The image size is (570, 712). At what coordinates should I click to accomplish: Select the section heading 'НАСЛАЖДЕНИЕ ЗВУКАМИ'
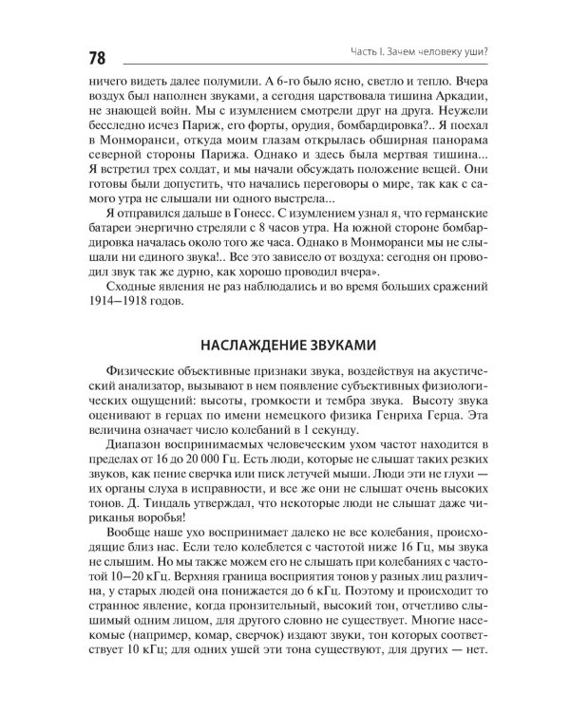click(x=284, y=344)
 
